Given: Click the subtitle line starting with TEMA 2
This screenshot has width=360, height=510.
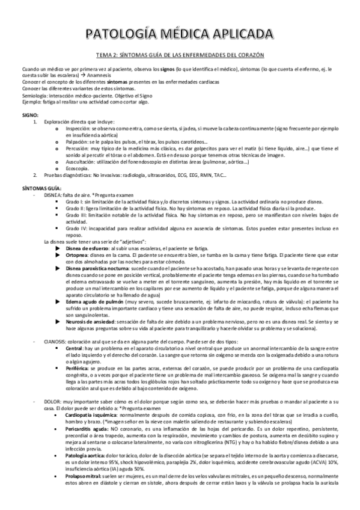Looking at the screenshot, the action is [180, 53].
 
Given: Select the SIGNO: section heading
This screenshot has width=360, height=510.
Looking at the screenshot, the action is [30, 114].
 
